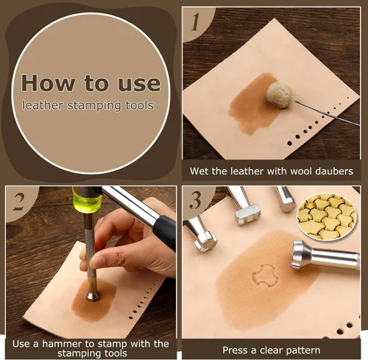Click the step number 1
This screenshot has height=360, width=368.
click(x=196, y=21)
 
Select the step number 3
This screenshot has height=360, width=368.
click(x=195, y=200)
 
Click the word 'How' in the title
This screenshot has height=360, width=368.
click(x=48, y=83)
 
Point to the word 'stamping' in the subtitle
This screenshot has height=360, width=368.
click(x=94, y=106)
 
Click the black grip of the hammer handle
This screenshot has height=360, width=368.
click(x=165, y=232)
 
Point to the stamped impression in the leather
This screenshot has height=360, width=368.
click(x=266, y=275)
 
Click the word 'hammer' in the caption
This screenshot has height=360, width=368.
click(x=63, y=344)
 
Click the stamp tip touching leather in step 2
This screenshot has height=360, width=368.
click(x=93, y=296)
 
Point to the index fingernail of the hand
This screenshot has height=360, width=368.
click(x=96, y=262)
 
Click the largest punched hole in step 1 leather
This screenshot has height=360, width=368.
click(x=290, y=143)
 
